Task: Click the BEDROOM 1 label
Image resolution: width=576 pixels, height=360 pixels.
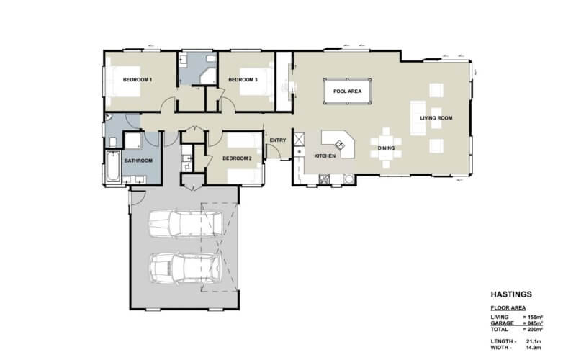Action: coord(137,79)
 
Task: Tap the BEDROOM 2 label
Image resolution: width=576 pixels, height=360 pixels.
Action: coord(236,158)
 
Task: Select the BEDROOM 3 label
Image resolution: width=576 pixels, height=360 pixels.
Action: coord(243,79)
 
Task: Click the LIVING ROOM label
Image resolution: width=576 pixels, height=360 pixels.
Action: coord(436,118)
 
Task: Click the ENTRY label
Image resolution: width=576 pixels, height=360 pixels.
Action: coord(278,140)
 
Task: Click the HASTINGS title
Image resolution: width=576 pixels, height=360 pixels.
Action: coord(510,294)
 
